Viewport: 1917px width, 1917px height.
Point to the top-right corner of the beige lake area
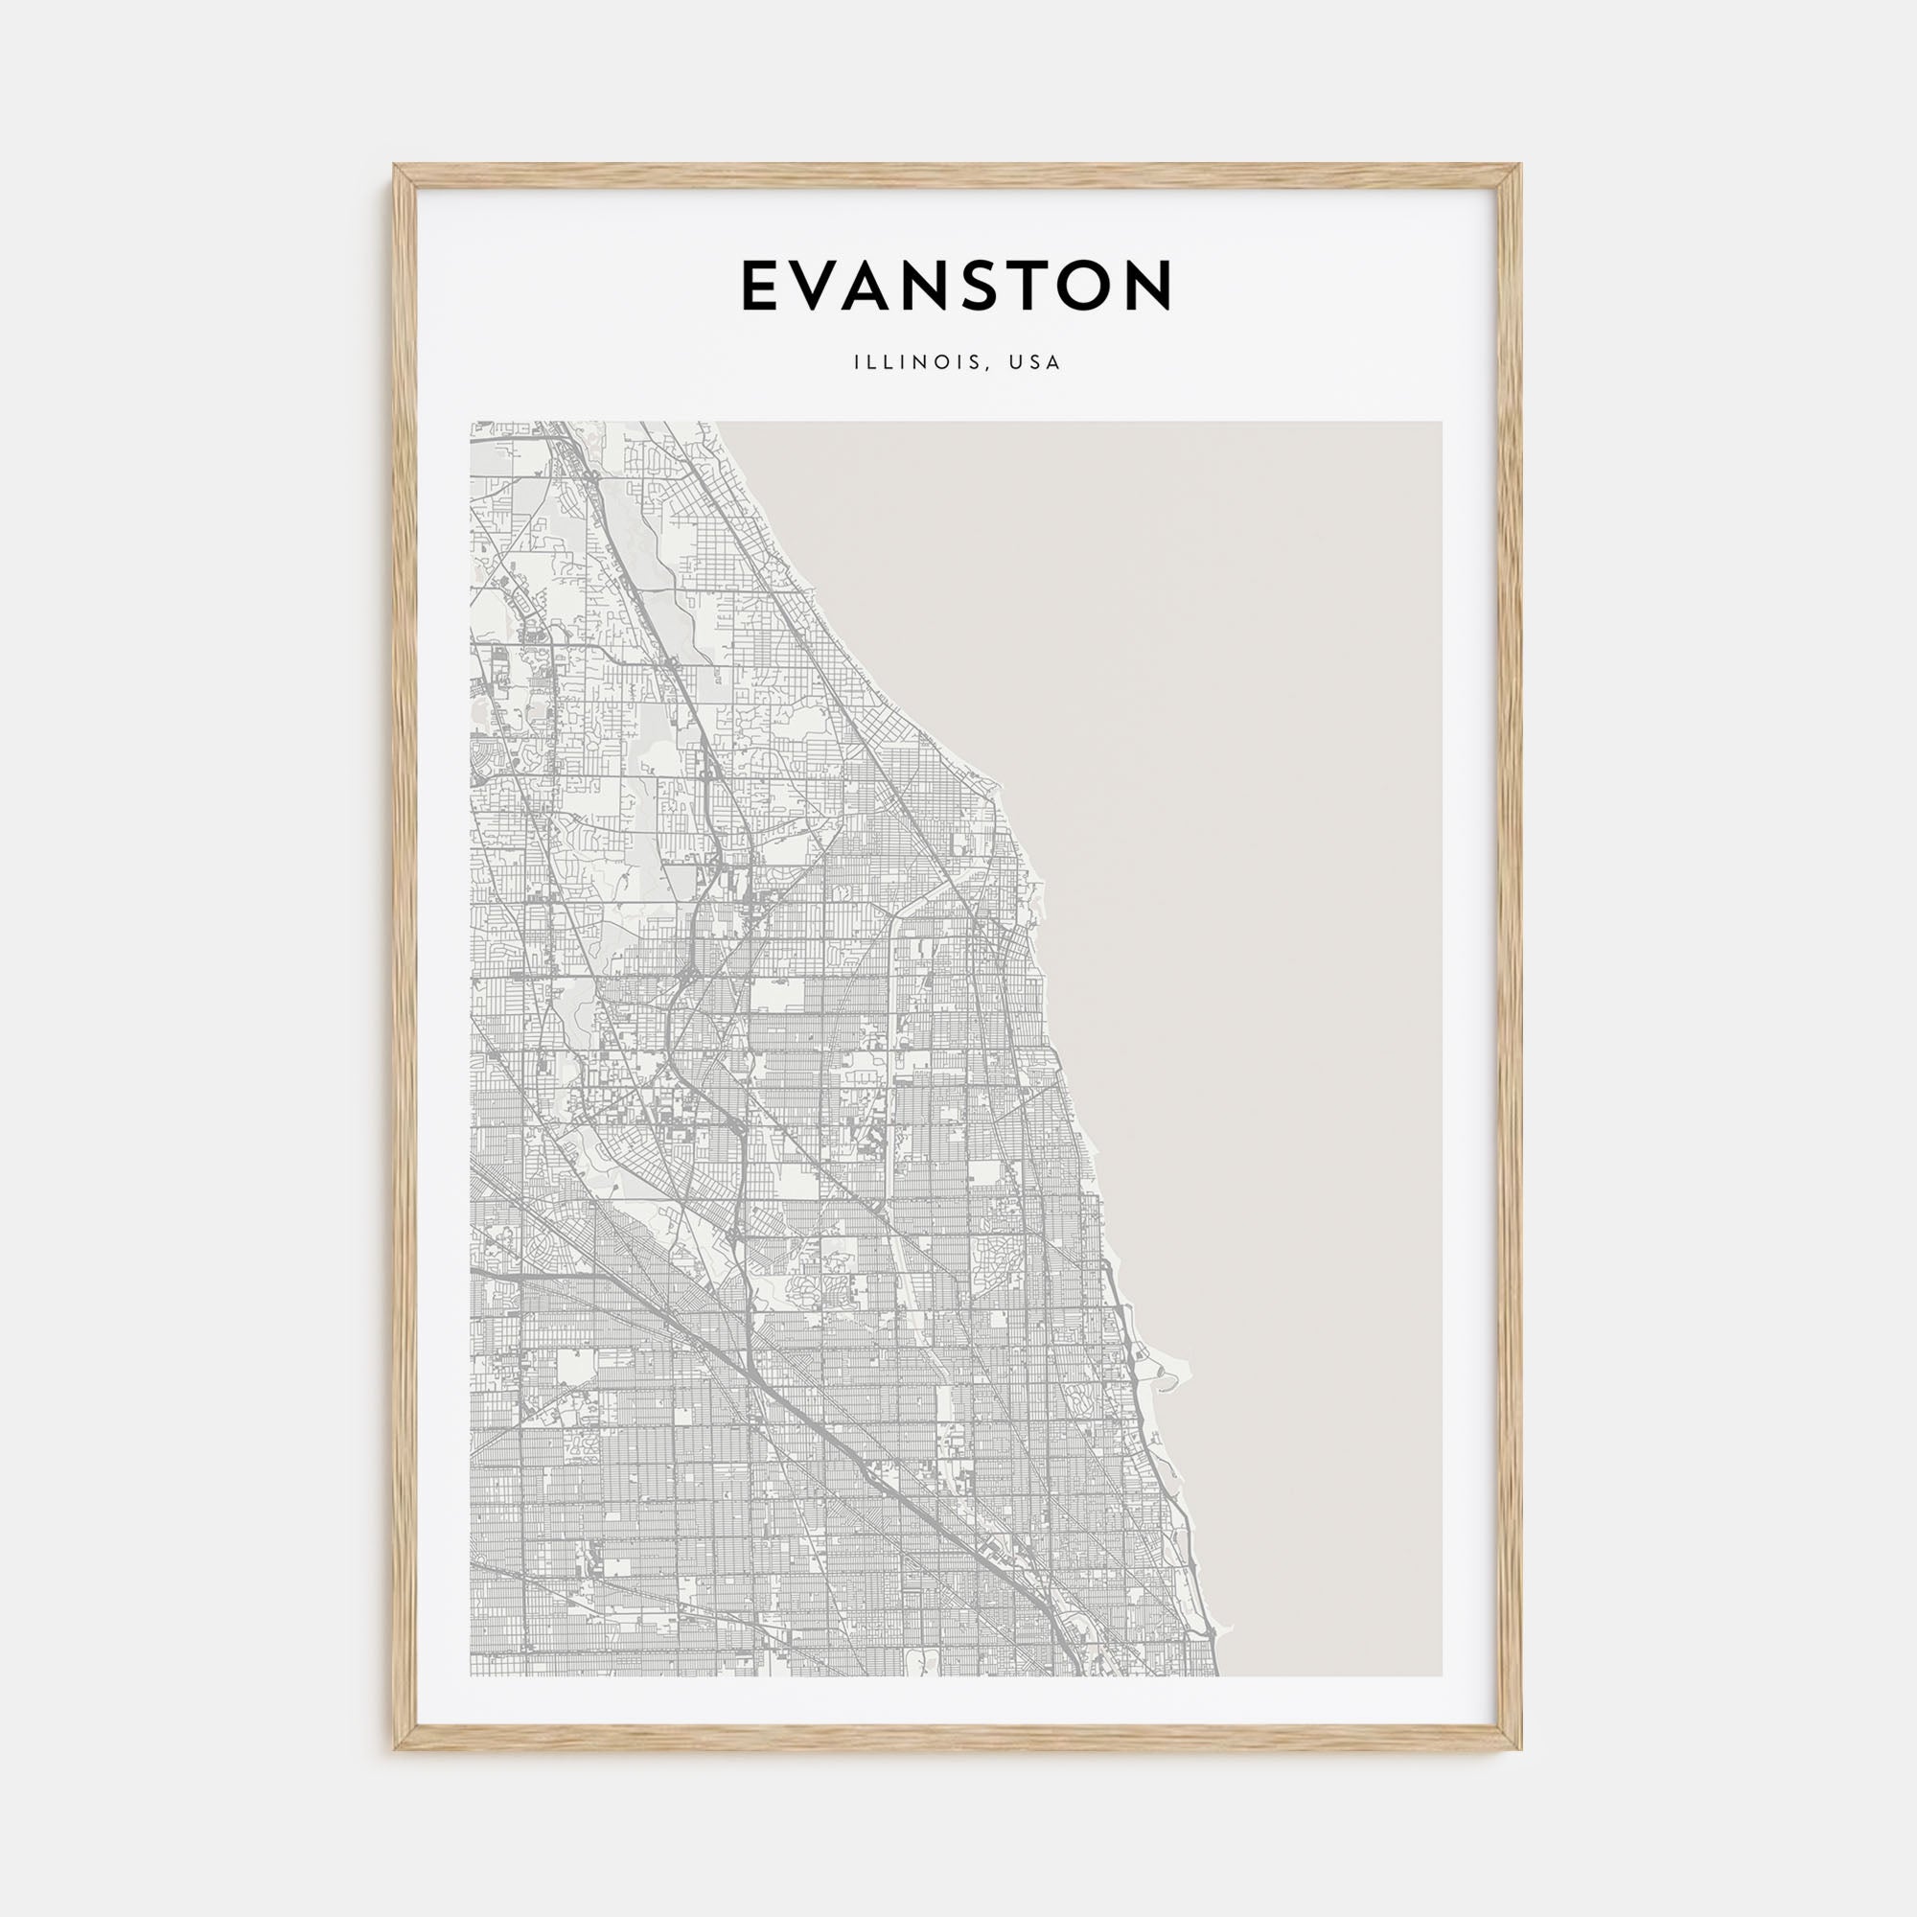pos(1440,424)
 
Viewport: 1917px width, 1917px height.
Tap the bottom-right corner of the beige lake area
pos(1440,1674)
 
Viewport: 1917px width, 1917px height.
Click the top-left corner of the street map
pos(473,424)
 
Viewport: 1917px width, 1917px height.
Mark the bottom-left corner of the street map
pos(473,1674)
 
